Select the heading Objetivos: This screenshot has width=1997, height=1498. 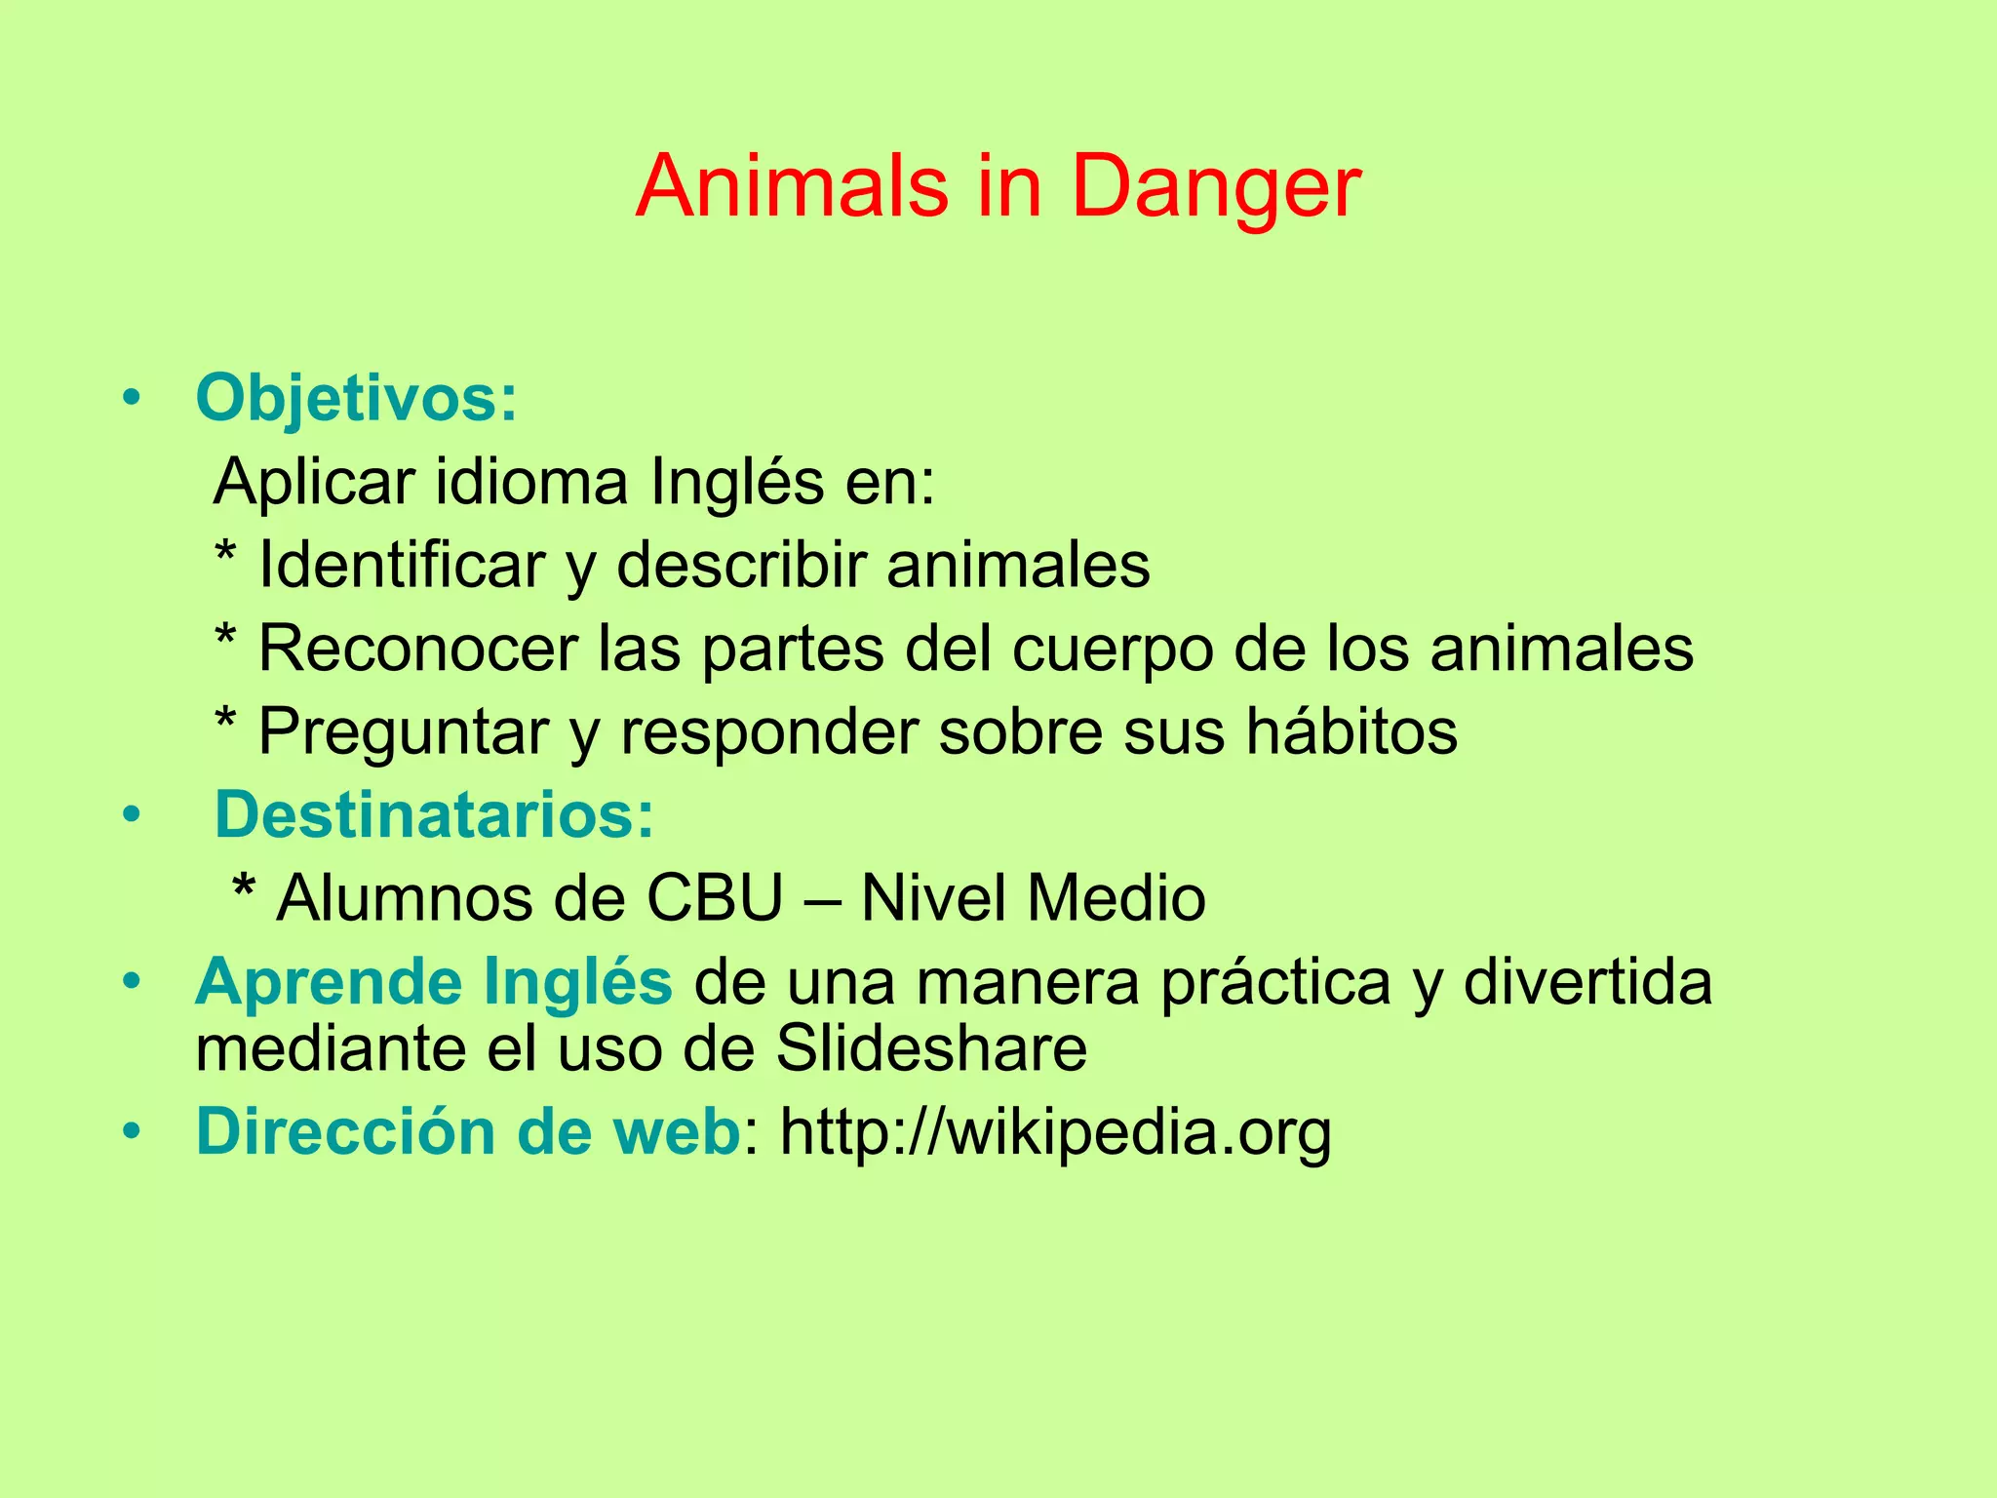coord(356,398)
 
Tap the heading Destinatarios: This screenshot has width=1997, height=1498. coord(434,814)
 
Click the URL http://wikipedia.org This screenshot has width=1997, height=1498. coord(1055,1133)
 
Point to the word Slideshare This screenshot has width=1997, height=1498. coord(931,1049)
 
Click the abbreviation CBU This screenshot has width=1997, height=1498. coord(715,898)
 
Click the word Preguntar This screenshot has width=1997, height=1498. coord(403,731)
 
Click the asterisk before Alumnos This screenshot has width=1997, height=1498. coord(244,889)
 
